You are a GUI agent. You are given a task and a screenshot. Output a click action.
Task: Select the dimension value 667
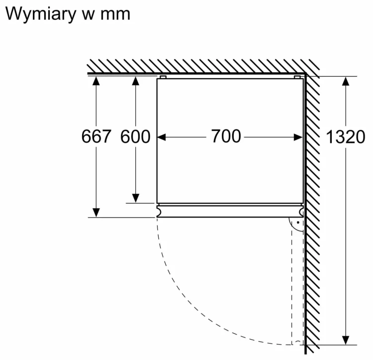point(96,136)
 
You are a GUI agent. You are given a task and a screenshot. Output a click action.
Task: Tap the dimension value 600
point(135,136)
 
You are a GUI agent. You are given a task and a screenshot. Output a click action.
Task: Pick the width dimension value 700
point(226,136)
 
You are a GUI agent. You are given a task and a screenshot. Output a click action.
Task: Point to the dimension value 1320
point(345,137)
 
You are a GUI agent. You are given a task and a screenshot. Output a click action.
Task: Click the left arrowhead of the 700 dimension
point(161,137)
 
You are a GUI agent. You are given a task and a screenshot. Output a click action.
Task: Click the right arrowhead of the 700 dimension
point(298,137)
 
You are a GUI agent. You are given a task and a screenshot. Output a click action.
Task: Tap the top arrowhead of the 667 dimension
point(96,81)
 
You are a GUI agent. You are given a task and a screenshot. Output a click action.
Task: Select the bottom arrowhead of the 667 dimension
point(96,213)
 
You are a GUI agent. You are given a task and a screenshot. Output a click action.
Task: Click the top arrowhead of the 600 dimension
point(136,81)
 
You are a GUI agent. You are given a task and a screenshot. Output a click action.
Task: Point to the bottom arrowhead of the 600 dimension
point(136,198)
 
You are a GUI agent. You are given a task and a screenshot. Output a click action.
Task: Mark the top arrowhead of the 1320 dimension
point(346,81)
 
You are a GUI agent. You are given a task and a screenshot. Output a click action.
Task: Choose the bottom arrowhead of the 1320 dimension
point(346,340)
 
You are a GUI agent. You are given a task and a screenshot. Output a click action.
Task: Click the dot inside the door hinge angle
point(298,223)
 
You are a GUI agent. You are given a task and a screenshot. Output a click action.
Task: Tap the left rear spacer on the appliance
point(163,77)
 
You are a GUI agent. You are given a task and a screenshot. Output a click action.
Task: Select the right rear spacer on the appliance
point(297,77)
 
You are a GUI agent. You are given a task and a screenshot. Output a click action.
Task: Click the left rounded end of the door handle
point(159,211)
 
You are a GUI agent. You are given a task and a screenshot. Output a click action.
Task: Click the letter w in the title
point(88,15)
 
